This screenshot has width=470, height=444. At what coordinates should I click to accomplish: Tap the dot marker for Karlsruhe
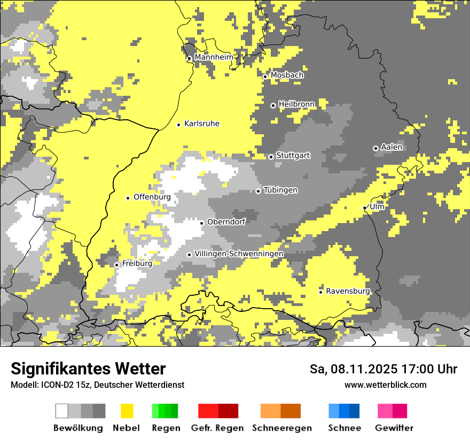coord(179,125)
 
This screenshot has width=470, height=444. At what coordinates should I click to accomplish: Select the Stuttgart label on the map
coord(293,156)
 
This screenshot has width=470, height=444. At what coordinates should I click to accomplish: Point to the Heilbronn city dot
coord(273,105)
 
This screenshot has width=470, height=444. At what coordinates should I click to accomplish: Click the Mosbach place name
coord(287,75)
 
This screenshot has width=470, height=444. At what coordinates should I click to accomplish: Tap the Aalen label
coord(391,147)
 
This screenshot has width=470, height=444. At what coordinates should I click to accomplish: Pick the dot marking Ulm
coord(365,208)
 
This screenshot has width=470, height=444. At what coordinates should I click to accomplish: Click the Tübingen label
coord(280,190)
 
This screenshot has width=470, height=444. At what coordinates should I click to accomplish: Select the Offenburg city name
coord(152,197)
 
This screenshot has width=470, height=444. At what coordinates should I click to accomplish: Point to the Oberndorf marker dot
coord(201,223)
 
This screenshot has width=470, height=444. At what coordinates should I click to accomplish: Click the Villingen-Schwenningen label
coord(239,254)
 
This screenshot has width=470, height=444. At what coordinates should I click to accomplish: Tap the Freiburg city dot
coord(116,265)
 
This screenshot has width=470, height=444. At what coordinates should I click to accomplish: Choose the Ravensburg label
coord(348,291)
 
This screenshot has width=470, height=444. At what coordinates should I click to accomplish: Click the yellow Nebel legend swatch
coord(127,411)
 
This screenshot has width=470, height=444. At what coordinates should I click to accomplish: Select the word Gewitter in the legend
coord(394,428)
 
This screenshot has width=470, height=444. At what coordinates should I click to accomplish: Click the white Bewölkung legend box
coord(62,411)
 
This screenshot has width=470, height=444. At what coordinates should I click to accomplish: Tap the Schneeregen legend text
coord(281,428)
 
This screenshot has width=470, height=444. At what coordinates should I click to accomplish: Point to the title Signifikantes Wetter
coord(88,369)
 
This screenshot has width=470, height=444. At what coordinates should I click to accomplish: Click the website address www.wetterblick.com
coord(386,385)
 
